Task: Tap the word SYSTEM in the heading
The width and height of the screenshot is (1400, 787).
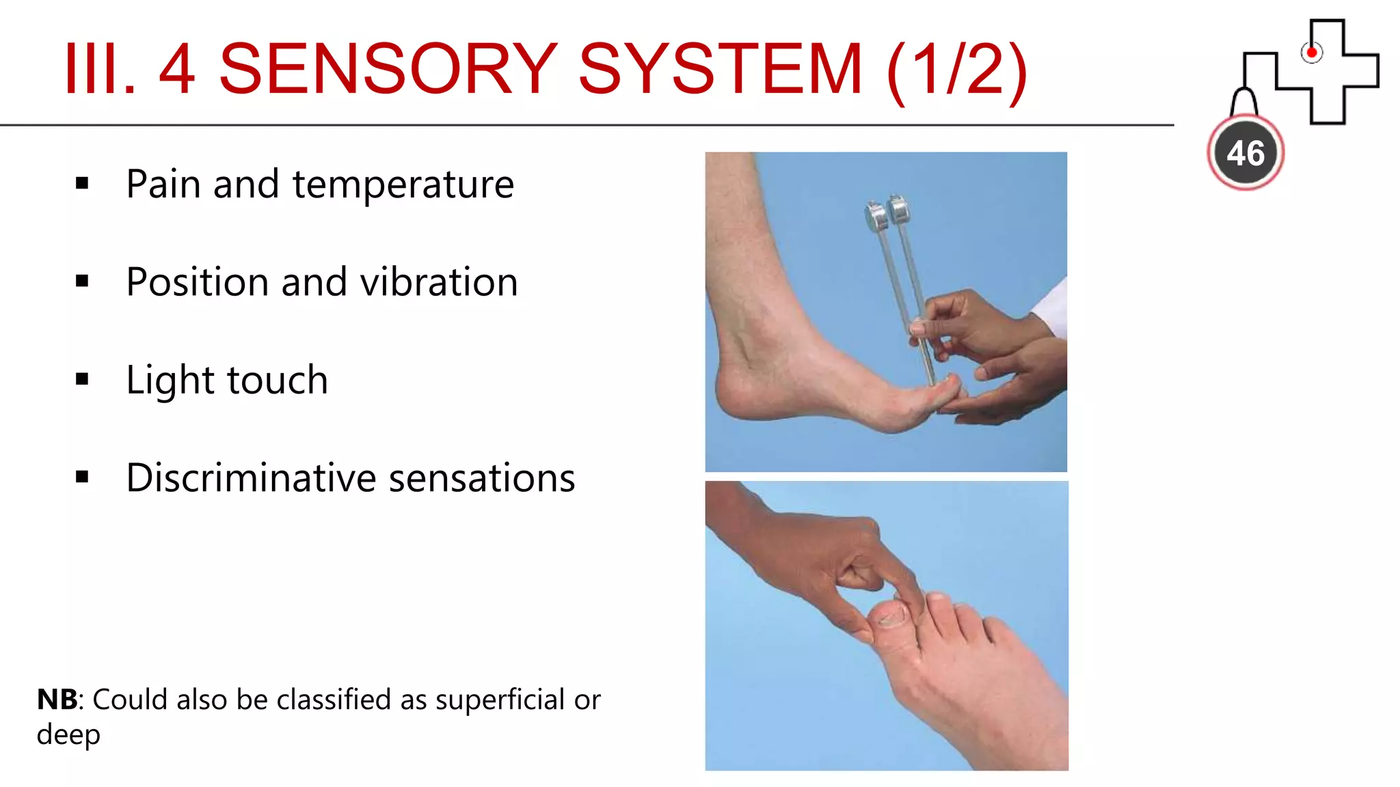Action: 720,68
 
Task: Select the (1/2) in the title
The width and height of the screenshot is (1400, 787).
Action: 956,70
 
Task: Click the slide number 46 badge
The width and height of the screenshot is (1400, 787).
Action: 1246,153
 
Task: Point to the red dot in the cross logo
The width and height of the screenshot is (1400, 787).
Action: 1311,53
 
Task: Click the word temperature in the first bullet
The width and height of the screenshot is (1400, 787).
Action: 403,184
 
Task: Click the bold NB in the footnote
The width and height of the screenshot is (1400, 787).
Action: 57,700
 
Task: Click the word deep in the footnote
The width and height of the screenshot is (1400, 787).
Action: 68,735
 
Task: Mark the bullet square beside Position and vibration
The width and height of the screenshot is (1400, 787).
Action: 83,281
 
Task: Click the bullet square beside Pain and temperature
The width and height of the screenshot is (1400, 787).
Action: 83,183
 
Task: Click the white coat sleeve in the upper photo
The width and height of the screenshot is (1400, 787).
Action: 1053,307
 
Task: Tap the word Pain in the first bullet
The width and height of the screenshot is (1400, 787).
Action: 164,184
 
